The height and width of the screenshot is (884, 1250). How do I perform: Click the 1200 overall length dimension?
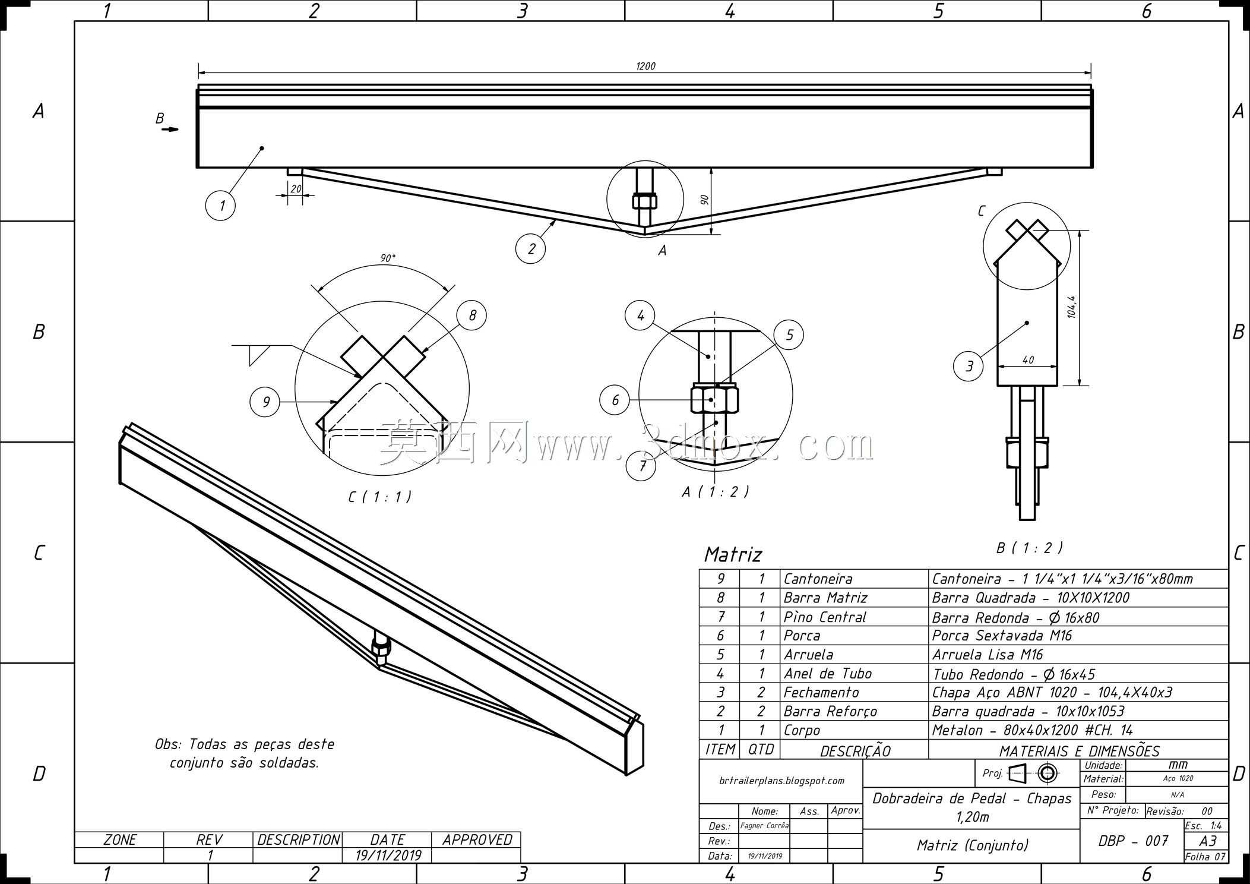(645, 66)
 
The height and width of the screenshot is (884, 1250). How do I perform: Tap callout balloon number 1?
(220, 206)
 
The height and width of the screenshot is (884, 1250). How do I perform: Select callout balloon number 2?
(531, 248)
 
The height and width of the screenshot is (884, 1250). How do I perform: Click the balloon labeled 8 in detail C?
(471, 315)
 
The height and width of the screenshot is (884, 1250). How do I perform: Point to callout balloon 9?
(265, 402)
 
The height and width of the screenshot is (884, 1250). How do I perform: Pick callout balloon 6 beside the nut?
(615, 400)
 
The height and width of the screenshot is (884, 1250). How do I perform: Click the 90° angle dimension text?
(388, 258)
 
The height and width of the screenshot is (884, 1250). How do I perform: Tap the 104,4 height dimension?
(1072, 307)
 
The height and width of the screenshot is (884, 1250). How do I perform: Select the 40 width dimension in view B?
(1028, 360)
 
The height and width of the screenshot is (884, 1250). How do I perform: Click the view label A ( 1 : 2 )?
(716, 492)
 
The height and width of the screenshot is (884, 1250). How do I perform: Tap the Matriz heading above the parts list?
(733, 554)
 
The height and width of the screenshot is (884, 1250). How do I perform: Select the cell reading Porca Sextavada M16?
(1002, 636)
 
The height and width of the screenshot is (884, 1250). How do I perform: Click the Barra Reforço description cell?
(830, 711)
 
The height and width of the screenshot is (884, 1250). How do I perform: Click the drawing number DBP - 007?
(1134, 841)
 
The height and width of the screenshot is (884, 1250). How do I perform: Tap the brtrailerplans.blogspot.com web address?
(781, 781)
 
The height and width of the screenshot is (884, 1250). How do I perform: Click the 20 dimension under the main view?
(295, 189)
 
